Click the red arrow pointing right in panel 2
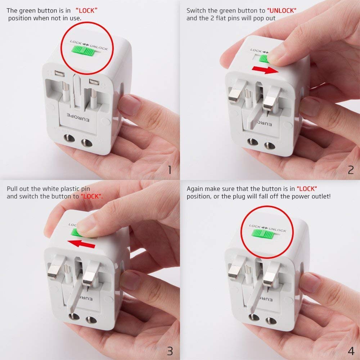[x=266, y=69]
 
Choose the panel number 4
[x=351, y=350]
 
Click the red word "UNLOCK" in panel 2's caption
[x=282, y=11]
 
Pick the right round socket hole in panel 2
[x=267, y=146]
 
